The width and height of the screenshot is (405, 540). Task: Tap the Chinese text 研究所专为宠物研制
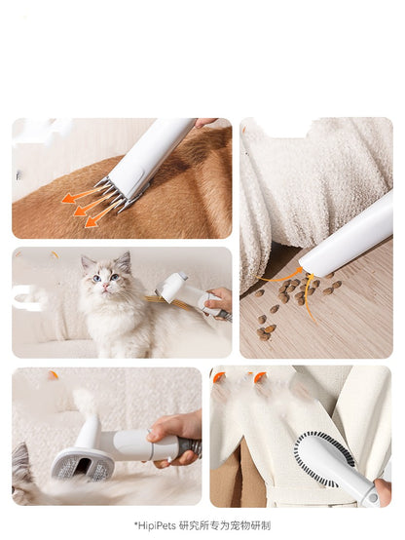225,526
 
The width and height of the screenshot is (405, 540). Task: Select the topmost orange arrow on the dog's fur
83,195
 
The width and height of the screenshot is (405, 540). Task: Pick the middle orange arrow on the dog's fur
92,206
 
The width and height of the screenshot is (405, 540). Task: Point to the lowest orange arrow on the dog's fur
102,215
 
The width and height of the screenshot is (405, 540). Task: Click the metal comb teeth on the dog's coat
114,196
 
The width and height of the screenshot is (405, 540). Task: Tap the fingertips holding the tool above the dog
205,122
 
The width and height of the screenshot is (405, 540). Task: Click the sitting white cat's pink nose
106,286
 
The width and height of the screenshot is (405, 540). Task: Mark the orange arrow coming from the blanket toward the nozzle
279,276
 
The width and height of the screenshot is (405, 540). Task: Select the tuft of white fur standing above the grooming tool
85,402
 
